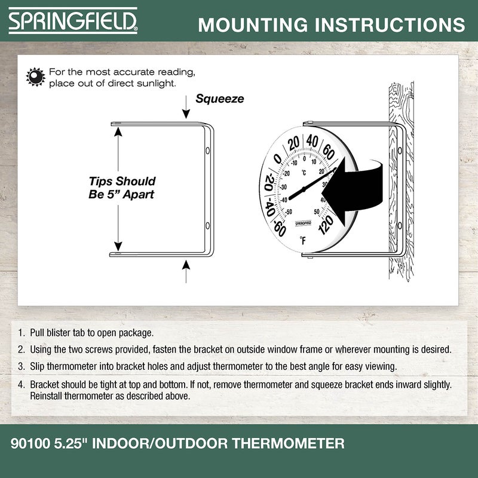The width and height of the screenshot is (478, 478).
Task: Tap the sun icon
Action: [36, 76]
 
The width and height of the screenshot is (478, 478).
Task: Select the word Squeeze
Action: [220, 99]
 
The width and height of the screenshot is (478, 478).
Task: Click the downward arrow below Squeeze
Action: [186, 111]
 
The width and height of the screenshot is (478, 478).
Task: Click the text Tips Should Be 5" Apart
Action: [122, 187]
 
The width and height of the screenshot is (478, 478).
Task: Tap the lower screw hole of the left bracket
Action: [207, 225]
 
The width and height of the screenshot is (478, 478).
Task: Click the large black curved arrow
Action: [353, 188]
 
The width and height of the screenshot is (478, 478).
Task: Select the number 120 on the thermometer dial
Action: [326, 225]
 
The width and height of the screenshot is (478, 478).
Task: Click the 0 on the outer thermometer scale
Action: [277, 159]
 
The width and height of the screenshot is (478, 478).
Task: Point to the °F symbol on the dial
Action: [303, 241]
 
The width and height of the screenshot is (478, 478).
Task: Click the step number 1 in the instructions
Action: [21, 333]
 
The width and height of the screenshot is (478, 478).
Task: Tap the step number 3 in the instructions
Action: [21, 366]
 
